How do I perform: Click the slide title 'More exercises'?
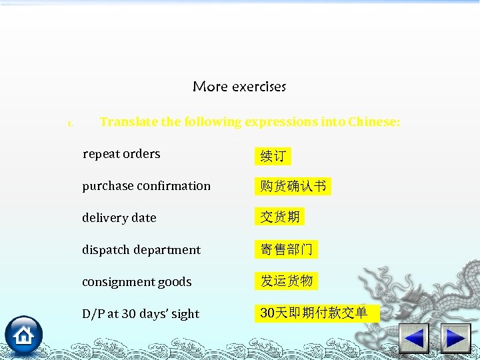pyautogui.click(x=239, y=87)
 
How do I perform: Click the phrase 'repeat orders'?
pyautogui.click(x=121, y=154)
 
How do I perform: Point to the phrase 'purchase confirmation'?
pyautogui.click(x=146, y=186)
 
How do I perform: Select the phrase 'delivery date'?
pyautogui.click(x=119, y=218)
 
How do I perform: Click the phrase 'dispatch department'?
pyautogui.click(x=141, y=250)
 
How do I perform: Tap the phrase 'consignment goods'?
pyautogui.click(x=137, y=282)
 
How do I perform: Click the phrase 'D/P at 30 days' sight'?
pyautogui.click(x=141, y=314)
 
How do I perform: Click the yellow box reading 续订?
pyautogui.click(x=273, y=156)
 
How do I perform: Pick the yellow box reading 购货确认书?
pyautogui.click(x=293, y=187)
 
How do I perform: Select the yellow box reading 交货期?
pyautogui.click(x=280, y=217)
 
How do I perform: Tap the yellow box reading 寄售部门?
pyautogui.click(x=286, y=249)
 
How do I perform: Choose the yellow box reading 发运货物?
pyautogui.click(x=286, y=281)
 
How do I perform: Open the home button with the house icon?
pyautogui.click(x=24, y=335)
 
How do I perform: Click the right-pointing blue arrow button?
pyautogui.click(x=456, y=338)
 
